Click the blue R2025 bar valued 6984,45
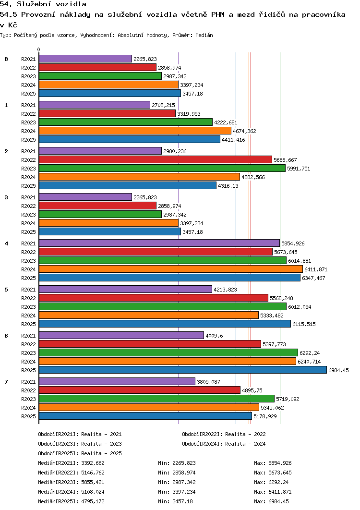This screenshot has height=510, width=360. (x=182, y=370)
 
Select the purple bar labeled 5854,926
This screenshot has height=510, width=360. (x=159, y=243)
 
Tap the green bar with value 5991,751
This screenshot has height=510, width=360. (x=162, y=168)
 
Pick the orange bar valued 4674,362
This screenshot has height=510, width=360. (x=135, y=131)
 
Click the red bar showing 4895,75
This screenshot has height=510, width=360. (x=139, y=390)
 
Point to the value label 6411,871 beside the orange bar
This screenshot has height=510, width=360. (x=316, y=269)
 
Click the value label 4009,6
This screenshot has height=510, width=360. (x=214, y=336)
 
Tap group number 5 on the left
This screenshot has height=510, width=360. (x=6, y=290)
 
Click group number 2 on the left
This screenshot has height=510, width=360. (x=6, y=151)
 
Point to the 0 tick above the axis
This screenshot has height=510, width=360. (x=39, y=49)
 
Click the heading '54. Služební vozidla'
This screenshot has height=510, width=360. (x=43, y=4)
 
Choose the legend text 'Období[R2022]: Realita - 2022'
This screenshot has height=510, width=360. (x=224, y=434)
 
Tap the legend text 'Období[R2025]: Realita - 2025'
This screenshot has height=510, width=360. (x=80, y=453)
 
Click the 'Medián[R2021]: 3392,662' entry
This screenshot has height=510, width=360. (x=71, y=463)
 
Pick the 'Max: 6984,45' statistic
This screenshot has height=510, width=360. (x=271, y=501)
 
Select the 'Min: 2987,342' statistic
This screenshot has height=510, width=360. (x=177, y=482)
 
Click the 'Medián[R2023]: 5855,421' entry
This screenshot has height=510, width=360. (x=71, y=482)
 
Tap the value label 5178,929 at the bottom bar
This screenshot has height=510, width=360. (x=265, y=416)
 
